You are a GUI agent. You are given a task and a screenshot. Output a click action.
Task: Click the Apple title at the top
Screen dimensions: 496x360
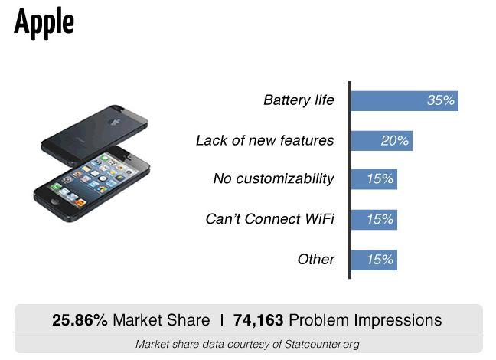tap(44, 23)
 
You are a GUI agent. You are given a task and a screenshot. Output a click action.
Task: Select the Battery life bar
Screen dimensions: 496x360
tap(405, 101)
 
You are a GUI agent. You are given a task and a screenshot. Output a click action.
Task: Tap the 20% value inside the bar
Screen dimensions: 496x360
tap(395, 141)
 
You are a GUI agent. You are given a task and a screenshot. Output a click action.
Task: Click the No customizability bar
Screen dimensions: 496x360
tap(374, 179)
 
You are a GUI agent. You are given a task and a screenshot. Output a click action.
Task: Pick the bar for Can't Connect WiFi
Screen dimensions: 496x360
tap(374, 219)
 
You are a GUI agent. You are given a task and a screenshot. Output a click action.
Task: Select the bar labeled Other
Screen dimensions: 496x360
tap(374, 260)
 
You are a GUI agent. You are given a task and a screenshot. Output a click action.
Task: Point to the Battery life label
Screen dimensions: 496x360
tap(299, 100)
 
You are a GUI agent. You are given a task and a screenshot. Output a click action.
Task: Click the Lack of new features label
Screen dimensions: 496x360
tap(265, 140)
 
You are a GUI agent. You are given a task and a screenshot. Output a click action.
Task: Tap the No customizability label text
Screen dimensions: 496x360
tap(273, 179)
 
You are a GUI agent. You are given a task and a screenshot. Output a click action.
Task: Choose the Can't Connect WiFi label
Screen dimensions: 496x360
tap(270, 219)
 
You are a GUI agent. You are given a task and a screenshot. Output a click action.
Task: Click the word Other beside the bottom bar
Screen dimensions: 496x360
tap(315, 260)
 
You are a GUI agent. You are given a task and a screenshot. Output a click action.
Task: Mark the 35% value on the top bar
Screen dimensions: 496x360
tap(441, 100)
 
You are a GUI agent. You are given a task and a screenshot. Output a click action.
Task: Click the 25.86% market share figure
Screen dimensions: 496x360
tap(80, 320)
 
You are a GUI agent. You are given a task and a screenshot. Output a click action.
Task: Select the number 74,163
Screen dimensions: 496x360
tap(258, 320)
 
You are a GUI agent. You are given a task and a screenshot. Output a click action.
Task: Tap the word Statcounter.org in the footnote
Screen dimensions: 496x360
tap(322, 344)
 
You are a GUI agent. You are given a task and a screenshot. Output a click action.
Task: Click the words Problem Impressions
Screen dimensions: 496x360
tap(365, 320)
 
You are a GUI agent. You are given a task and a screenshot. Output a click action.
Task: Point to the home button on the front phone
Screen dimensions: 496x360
tap(55, 201)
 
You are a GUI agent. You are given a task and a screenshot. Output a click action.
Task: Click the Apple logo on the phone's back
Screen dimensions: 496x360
tap(114, 122)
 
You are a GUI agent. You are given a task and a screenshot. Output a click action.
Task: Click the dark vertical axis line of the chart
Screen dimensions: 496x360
tap(350, 180)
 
